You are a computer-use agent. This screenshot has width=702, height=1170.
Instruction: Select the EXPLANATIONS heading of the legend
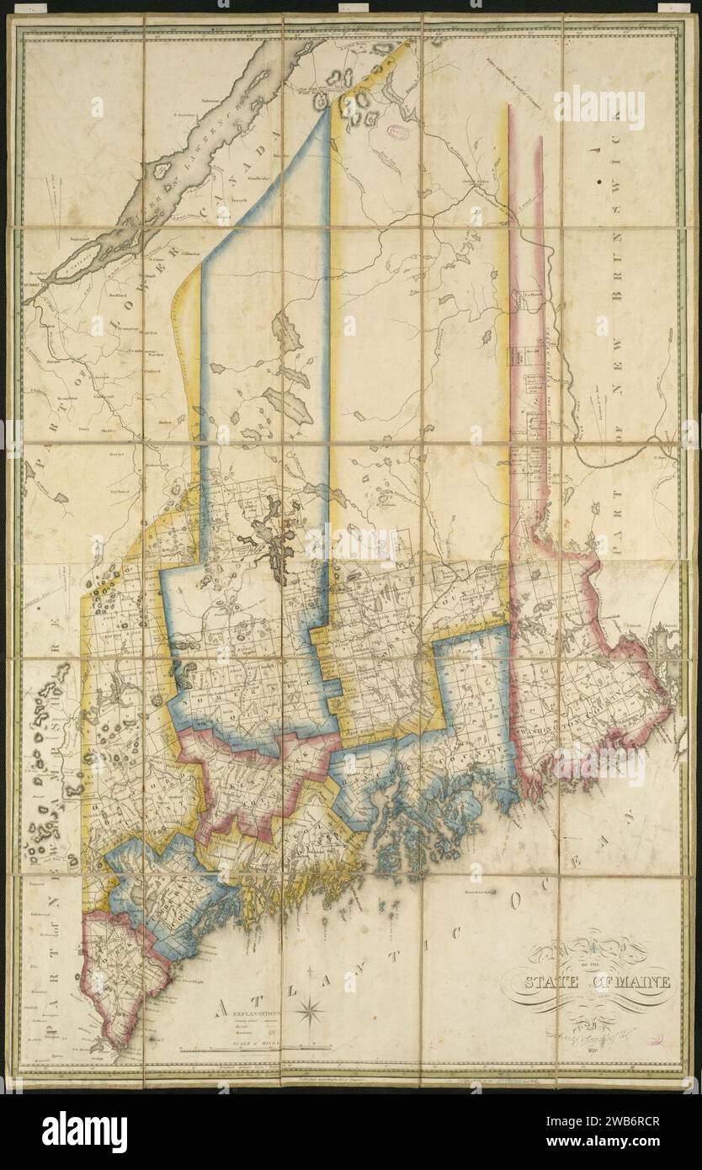tap(250, 1014)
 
